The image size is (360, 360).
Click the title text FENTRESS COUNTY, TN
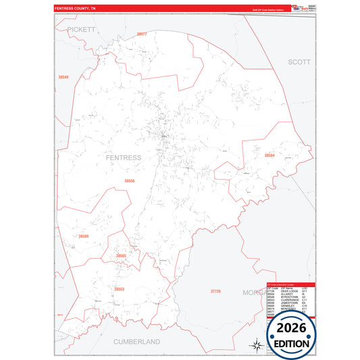76,9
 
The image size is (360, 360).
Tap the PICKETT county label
82,30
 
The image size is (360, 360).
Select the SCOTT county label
299,61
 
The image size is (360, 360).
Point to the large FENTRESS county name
124,157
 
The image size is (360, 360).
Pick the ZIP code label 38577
141,34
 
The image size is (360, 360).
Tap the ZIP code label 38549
63,78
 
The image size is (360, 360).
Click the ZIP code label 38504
269,155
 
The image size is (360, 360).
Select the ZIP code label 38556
129,181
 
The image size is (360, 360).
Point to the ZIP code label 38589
83,236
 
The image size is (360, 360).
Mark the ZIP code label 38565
121,256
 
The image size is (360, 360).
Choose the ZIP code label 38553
119,289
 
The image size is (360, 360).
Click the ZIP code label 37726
215,290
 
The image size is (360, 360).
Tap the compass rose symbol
257,344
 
